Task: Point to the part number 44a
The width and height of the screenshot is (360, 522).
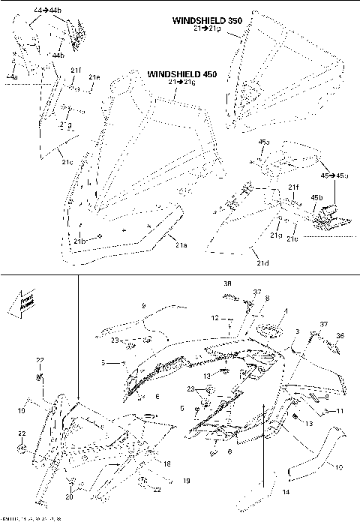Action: pyautogui.click(x=11, y=76)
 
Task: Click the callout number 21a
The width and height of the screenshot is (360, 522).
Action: pyautogui.click(x=181, y=245)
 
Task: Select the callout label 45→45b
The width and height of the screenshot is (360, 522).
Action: pyautogui.click(x=335, y=174)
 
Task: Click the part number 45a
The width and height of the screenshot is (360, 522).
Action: pyautogui.click(x=263, y=142)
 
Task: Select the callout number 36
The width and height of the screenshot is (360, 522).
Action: pyautogui.click(x=339, y=336)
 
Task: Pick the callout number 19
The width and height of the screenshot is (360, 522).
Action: pyautogui.click(x=187, y=480)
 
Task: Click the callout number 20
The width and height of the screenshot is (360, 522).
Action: pyautogui.click(x=69, y=496)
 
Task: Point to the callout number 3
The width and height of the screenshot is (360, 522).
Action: pyautogui.click(x=297, y=330)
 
